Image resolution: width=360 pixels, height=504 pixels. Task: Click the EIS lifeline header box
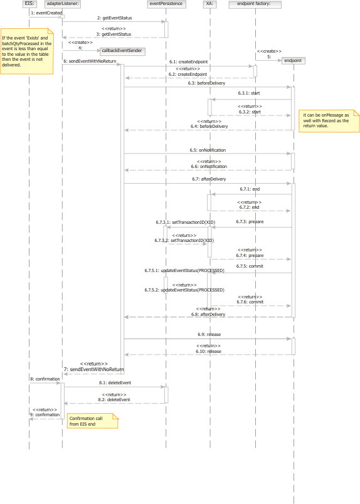(29, 4)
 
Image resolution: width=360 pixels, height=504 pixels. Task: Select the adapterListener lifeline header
(63, 4)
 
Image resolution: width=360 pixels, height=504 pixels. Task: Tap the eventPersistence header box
(166, 4)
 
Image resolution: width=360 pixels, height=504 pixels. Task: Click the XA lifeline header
(209, 4)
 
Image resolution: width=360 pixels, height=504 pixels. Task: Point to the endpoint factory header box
(255, 4)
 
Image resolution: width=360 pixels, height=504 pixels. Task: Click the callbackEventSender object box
(122, 51)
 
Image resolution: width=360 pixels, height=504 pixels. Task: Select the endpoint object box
(294, 60)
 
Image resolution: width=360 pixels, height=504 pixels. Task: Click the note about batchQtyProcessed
(27, 51)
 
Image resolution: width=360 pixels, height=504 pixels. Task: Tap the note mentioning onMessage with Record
(329, 121)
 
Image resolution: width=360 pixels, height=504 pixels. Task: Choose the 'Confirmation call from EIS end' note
(93, 421)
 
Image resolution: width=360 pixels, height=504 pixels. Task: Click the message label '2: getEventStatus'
(115, 18)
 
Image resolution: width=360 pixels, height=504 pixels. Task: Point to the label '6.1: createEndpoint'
(189, 61)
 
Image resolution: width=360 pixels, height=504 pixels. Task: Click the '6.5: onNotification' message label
(208, 150)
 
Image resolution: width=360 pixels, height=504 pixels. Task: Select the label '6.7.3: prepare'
(250, 222)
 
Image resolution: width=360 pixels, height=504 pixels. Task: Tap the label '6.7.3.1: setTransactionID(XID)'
(186, 222)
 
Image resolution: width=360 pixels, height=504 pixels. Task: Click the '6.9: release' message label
(209, 335)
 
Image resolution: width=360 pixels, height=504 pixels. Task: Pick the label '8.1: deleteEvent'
(115, 383)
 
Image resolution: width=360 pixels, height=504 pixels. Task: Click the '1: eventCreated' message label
(46, 13)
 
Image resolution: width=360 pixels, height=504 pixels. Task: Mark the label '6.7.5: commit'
(250, 266)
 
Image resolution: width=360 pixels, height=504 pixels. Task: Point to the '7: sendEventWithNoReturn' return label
(93, 369)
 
